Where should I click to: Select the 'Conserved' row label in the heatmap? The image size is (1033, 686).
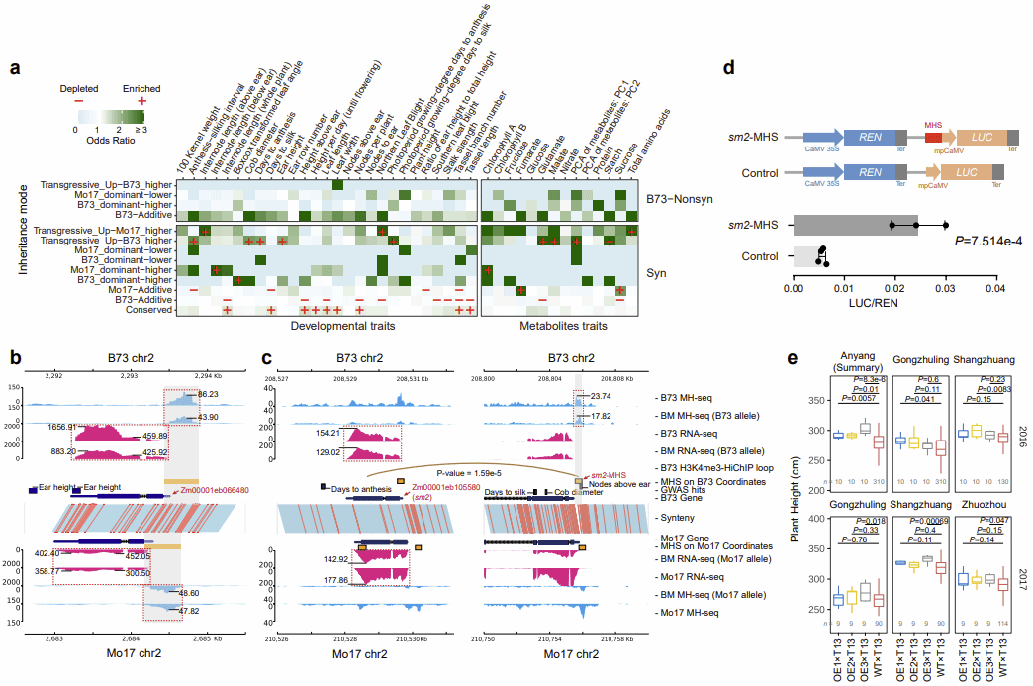pyautogui.click(x=144, y=310)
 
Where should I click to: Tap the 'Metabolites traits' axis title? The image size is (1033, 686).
pyautogui.click(x=562, y=326)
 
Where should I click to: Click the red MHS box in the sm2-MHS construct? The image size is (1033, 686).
pyautogui.click(x=933, y=139)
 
